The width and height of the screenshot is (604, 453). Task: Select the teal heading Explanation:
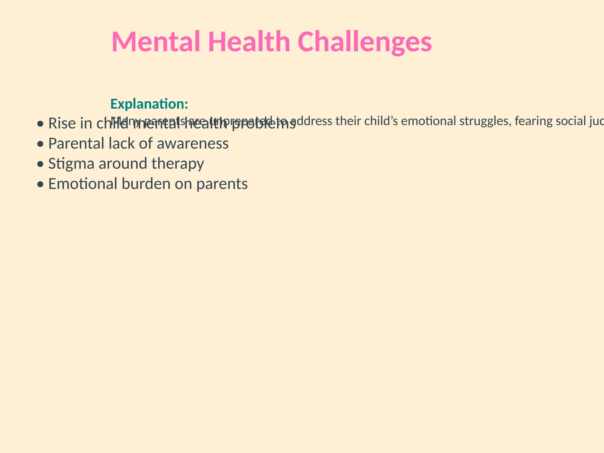(x=149, y=104)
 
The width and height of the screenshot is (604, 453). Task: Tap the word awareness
(x=193, y=144)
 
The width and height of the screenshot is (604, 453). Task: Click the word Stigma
(x=71, y=164)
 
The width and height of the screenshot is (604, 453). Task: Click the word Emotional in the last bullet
(x=82, y=184)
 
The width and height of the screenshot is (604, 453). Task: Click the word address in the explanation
(x=315, y=121)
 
